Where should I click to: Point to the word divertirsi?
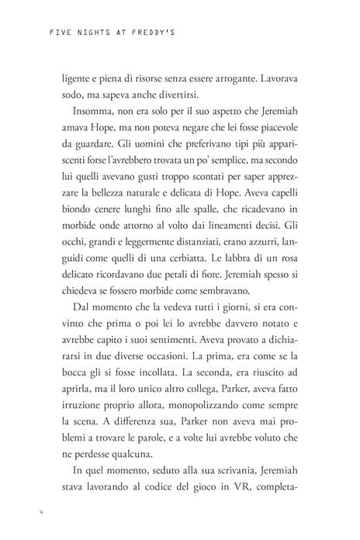171,98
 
